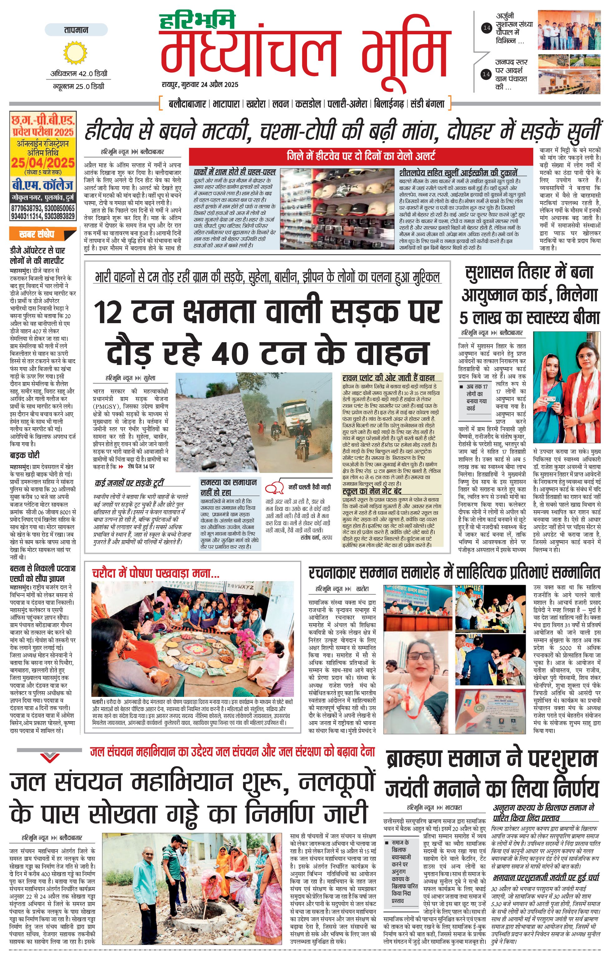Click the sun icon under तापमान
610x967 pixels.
point(75,52)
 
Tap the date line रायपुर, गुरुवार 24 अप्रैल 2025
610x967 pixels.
point(200,85)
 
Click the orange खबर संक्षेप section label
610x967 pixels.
point(37,235)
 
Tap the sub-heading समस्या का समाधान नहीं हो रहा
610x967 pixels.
point(228,487)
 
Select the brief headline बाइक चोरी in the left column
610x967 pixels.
point(25,455)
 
